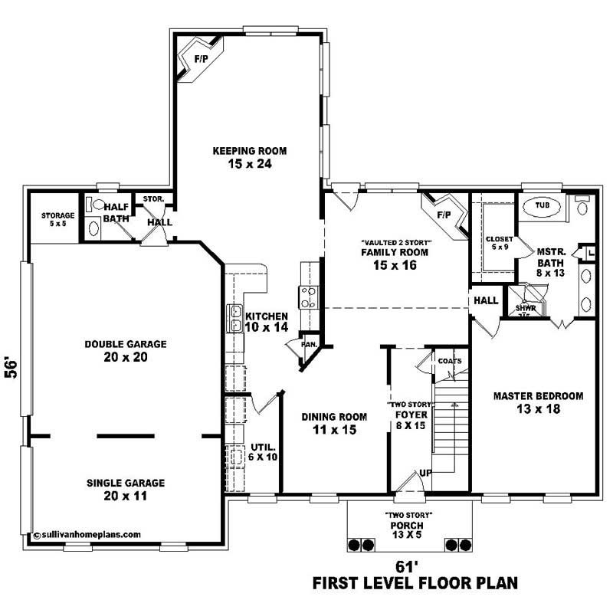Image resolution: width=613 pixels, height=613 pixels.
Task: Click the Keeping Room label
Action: coord(243,157)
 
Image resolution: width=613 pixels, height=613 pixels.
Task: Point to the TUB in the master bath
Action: coord(543,206)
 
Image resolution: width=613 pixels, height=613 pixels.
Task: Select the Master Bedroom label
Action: coord(538,403)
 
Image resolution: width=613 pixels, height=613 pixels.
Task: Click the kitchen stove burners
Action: coord(308,297)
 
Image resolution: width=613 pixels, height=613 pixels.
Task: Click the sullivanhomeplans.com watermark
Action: coord(87,535)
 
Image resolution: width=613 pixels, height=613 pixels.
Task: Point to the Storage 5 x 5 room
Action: coord(57,221)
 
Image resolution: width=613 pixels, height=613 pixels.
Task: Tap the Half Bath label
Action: coord(116,212)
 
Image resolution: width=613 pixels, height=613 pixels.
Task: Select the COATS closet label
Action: coord(448,360)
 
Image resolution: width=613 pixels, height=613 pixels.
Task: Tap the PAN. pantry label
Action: coord(309,344)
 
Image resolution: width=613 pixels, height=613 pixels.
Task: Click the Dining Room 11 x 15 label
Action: coord(333,423)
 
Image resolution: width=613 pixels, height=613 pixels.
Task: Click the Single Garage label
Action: coord(126,490)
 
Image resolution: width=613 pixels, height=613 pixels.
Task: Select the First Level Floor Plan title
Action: coord(415,584)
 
